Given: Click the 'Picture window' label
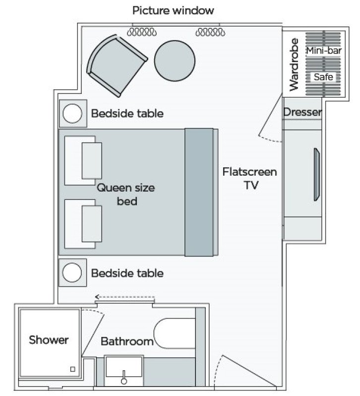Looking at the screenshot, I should pyautogui.click(x=173, y=10).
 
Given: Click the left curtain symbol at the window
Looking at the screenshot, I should pyautogui.click(x=142, y=32).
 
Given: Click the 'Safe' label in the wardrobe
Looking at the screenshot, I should pyautogui.click(x=323, y=77).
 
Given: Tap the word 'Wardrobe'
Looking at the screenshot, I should pyautogui.click(x=294, y=64).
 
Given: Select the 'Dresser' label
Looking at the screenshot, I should pyautogui.click(x=302, y=113).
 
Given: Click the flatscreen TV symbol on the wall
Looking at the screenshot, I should pyautogui.click(x=316, y=174).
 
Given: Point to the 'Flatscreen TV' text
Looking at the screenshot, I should pyautogui.click(x=249, y=178).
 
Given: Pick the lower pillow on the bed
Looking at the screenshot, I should pyautogui.click(x=92, y=223).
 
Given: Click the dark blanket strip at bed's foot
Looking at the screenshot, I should pyautogui.click(x=200, y=193).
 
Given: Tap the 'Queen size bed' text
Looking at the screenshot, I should pyautogui.click(x=125, y=195).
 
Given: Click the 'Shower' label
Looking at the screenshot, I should pyautogui.click(x=49, y=340).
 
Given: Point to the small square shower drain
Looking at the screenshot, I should pyautogui.click(x=73, y=369).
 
